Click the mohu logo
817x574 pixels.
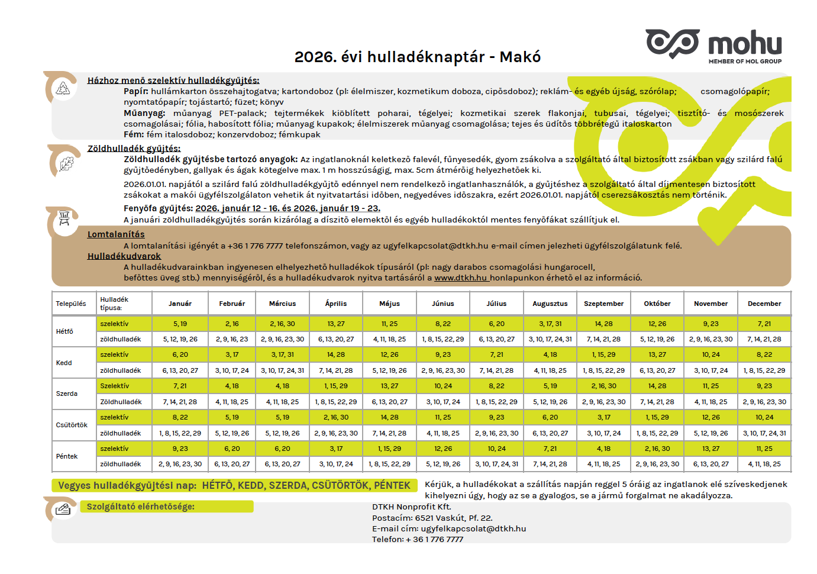pyautogui.click(x=713, y=45)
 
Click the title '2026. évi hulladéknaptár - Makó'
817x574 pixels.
pyautogui.click(x=418, y=57)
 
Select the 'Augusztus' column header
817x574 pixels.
pyautogui.click(x=550, y=304)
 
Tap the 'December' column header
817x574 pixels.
pyautogui.click(x=764, y=304)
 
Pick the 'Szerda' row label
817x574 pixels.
pyautogui.click(x=67, y=394)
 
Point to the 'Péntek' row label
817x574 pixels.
pyautogui.click(x=67, y=456)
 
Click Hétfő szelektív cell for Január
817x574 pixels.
pyautogui.click(x=180, y=324)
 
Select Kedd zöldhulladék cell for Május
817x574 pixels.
pyautogui.click(x=389, y=370)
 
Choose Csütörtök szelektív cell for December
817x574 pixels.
pyautogui.click(x=764, y=417)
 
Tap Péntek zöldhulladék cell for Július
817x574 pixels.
pyautogui.click(x=496, y=464)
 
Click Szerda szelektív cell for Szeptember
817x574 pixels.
pyautogui.click(x=603, y=386)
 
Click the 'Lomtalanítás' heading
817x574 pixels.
pyautogui.click(x=116, y=234)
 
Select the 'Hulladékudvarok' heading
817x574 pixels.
pyautogui.click(x=124, y=256)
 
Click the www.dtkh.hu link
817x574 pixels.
pyautogui.click(x=461, y=278)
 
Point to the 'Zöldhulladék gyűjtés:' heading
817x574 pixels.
pyautogui.click(x=134, y=149)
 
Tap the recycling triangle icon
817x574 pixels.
pyautogui.click(x=63, y=89)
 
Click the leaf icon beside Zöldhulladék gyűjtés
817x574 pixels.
pyautogui.click(x=66, y=163)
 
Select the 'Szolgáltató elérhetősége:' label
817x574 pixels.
pyautogui.click(x=140, y=507)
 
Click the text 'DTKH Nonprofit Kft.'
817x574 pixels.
pyautogui.click(x=411, y=507)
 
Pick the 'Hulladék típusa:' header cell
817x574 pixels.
pyautogui.click(x=114, y=304)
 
